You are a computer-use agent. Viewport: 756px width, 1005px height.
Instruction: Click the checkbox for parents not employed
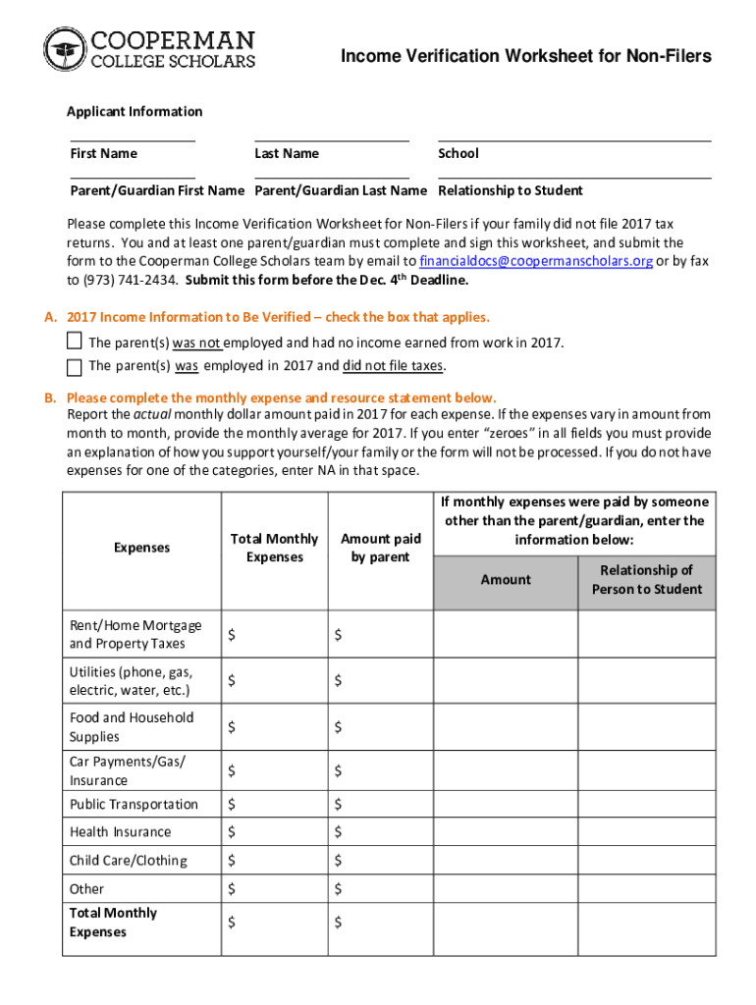tap(75, 342)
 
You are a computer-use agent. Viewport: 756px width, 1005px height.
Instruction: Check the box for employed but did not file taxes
tap(75, 367)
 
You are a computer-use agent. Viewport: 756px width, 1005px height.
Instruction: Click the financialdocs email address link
tap(536, 261)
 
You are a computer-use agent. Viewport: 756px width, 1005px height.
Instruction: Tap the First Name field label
tap(103, 153)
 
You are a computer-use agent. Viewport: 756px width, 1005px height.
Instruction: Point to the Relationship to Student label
tap(511, 190)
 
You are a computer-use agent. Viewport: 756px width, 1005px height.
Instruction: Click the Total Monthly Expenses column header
tap(274, 548)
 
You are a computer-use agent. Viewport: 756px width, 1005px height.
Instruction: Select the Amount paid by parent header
tap(380, 548)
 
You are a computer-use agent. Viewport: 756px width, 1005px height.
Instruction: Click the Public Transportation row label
tap(134, 804)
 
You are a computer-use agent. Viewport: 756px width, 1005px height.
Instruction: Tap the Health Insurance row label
tap(120, 831)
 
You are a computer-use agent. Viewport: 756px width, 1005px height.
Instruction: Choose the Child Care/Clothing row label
tap(128, 861)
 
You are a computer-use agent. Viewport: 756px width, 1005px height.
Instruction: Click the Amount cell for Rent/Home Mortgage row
tap(506, 635)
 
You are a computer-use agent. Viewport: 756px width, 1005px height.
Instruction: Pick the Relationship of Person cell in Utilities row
tap(646, 681)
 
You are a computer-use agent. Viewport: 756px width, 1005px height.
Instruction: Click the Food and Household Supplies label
tap(132, 727)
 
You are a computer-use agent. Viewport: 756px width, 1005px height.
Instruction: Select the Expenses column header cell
tap(142, 548)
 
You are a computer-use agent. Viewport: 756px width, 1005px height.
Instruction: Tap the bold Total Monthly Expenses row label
tap(113, 923)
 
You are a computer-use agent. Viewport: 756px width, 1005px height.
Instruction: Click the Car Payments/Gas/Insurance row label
tap(127, 771)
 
